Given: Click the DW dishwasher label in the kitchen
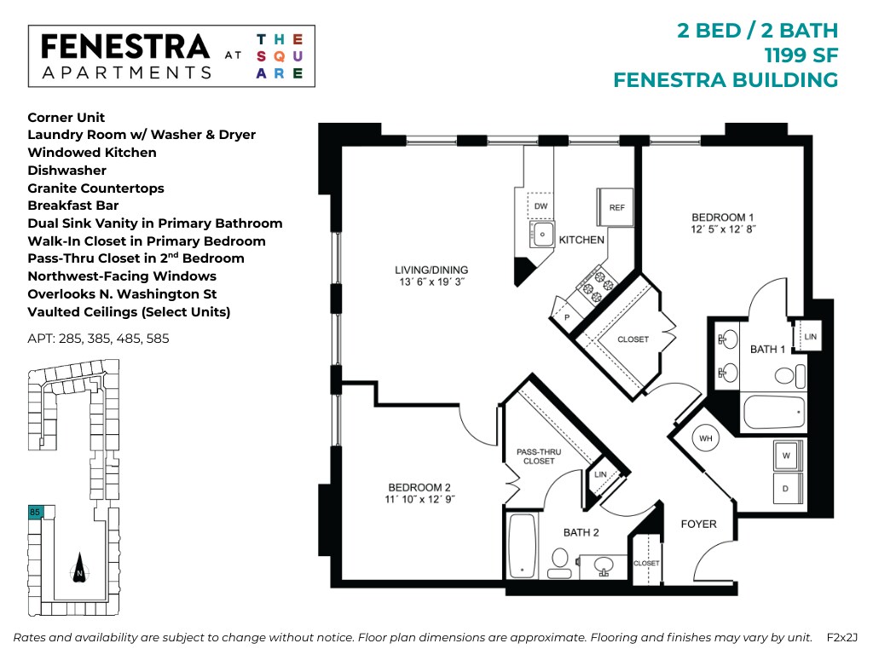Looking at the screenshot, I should coord(541,207).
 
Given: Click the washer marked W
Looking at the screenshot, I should coord(789,455).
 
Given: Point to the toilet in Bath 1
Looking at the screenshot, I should coord(789,375).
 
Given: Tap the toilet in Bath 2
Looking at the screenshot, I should coord(560,561).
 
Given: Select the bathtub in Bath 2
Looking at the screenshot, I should coord(521,545).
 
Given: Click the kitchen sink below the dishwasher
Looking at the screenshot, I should coord(542,233).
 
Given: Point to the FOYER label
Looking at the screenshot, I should coord(698,524).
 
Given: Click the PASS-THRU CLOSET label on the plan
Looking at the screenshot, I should coord(535,456).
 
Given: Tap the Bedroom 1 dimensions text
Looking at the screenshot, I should coord(723,229).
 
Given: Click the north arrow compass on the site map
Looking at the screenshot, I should coord(78,566).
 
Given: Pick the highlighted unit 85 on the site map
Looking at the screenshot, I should coord(35,512).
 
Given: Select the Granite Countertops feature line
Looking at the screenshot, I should coord(95,188).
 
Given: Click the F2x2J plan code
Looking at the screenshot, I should coord(841,637).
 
